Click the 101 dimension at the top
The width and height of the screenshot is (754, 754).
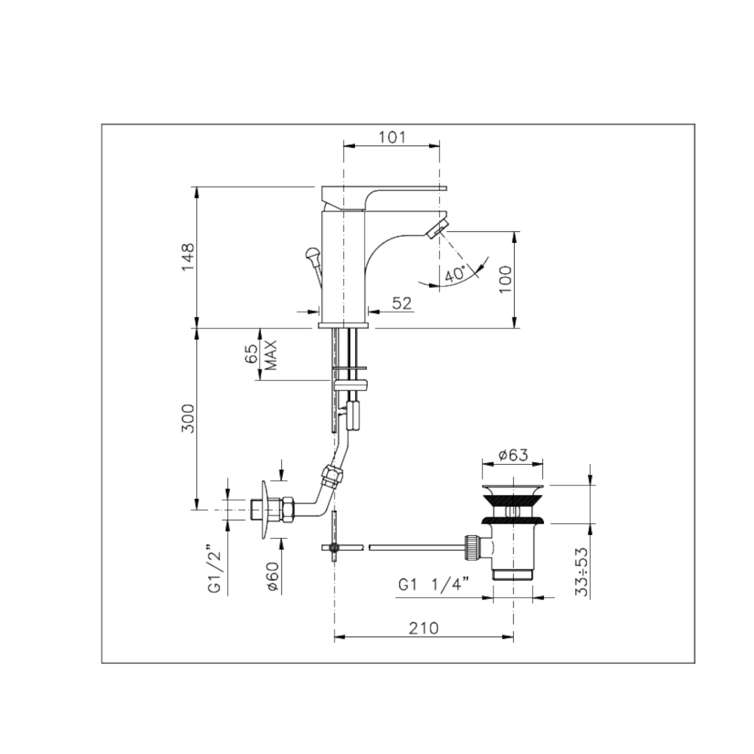[392, 137]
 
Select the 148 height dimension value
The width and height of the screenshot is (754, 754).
[188, 257]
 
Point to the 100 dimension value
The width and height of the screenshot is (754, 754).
[505, 279]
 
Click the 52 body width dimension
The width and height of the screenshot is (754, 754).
[402, 303]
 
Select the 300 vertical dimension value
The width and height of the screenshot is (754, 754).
[188, 418]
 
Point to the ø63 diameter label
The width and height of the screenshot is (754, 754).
[513, 455]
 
